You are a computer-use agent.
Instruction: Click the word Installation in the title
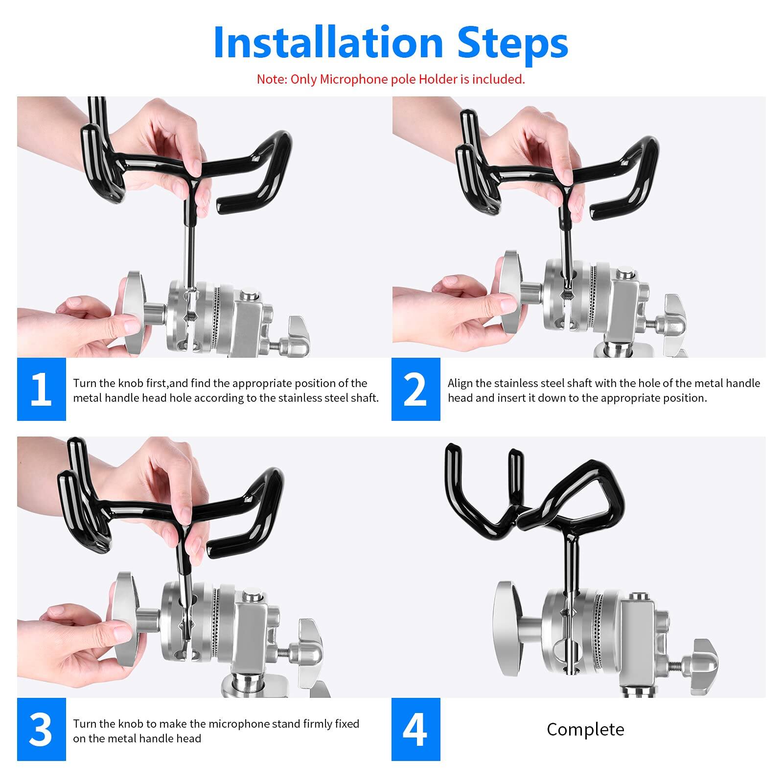coord(328,43)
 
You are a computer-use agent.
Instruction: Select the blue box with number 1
coord(41,389)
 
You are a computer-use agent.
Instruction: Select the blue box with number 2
coord(415,389)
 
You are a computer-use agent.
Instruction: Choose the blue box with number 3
coord(41,729)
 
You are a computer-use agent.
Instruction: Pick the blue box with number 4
coord(415,729)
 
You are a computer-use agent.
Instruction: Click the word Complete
coord(585,730)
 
